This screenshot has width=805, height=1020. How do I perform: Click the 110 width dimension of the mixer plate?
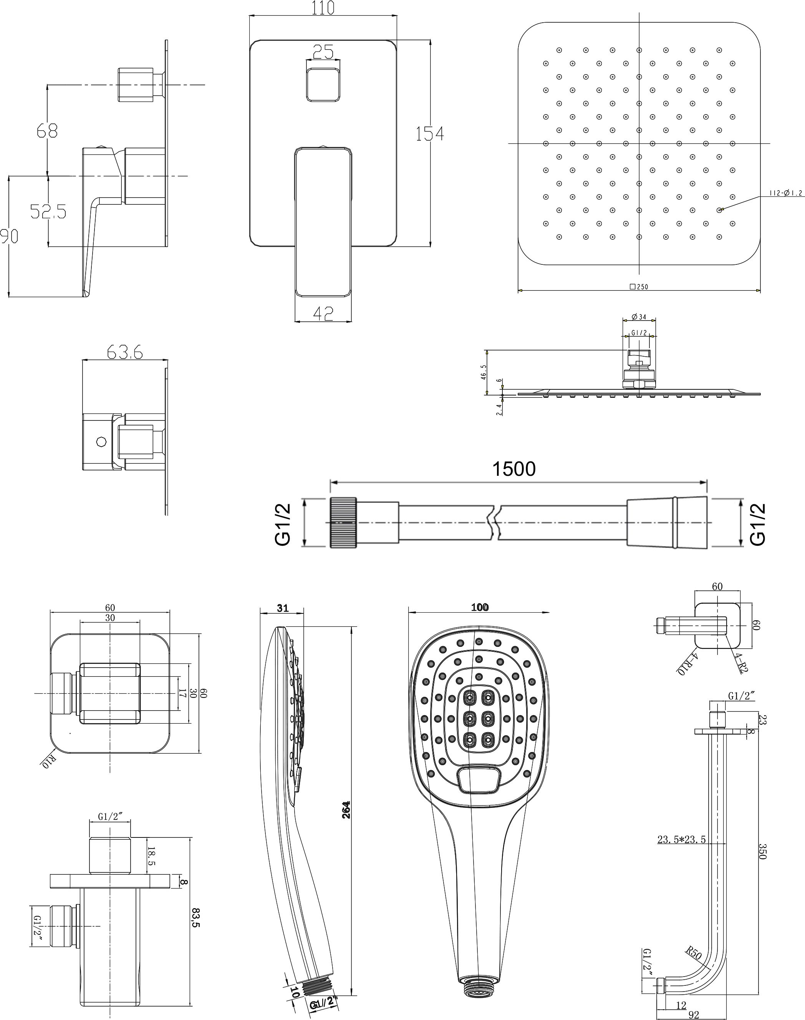323,8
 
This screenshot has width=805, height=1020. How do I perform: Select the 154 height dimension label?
429,134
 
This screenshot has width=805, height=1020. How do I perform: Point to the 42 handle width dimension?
323,313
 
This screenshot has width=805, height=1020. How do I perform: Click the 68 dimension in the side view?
47,130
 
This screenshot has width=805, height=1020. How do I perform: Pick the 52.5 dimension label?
48,211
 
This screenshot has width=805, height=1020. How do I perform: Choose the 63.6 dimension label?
125,352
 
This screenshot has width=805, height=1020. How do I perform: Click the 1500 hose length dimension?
514,469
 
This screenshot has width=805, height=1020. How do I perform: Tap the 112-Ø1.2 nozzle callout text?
786,193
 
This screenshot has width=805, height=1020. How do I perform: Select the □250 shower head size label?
639,287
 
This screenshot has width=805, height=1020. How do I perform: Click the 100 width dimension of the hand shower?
480,607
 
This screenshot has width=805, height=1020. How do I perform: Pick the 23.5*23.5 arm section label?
681,839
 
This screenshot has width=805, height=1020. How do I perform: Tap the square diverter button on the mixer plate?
323,85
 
